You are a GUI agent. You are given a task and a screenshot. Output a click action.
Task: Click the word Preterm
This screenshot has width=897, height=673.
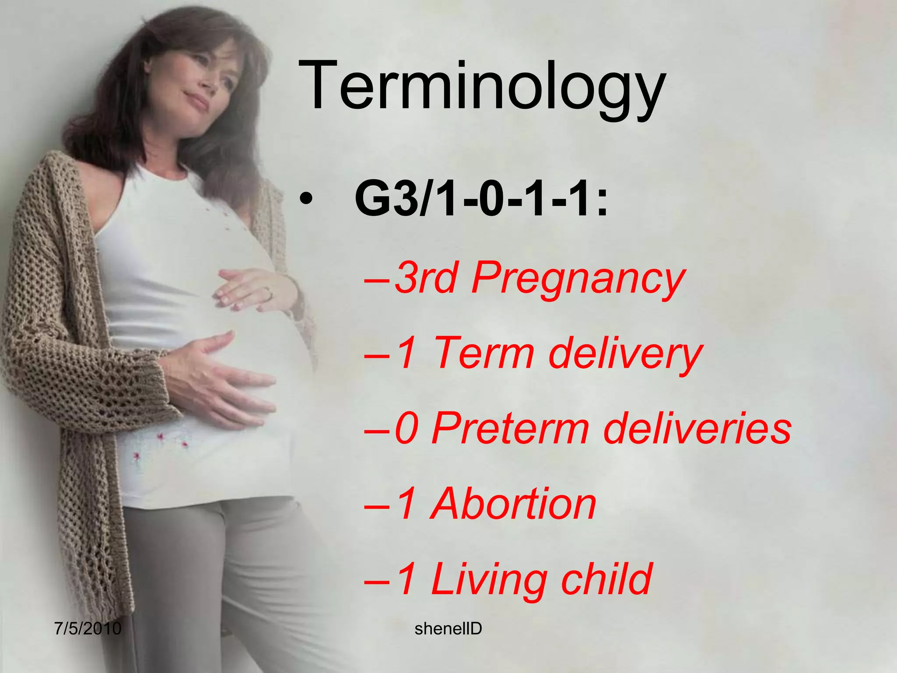coord(510,428)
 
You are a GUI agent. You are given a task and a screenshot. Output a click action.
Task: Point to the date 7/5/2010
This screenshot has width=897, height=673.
coord(88,628)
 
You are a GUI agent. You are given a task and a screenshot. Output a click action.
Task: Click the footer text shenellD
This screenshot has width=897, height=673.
coord(448,629)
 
